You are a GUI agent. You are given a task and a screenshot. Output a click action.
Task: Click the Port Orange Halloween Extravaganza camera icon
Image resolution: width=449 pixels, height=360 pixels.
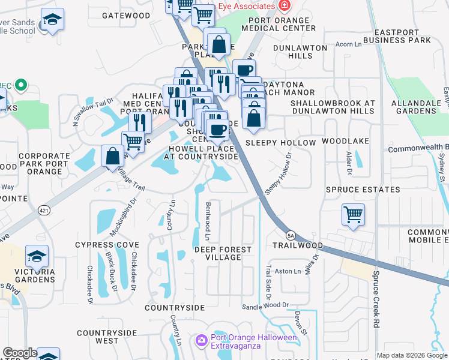coord(201,340)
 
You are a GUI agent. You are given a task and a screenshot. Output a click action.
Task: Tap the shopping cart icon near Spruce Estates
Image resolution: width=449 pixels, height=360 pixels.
coord(353,214)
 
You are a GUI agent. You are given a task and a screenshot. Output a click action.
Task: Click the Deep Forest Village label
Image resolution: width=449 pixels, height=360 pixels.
coord(217,253)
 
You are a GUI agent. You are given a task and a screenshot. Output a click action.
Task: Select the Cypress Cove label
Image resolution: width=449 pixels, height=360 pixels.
coord(107,245)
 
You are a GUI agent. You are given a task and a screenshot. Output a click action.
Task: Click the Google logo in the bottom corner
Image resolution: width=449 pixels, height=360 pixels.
coord(19,353)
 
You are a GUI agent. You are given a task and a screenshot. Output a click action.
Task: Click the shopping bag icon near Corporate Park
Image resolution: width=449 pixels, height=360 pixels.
coord(112,156)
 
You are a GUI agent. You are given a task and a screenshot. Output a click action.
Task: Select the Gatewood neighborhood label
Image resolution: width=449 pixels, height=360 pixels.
coord(126,15)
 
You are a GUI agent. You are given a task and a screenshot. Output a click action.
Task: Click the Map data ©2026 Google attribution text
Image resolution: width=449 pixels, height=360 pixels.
coord(412,355)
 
